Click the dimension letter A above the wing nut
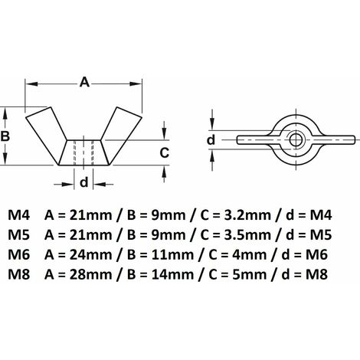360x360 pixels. pos(84,83)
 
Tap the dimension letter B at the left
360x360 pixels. pos(5,136)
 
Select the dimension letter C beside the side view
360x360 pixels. pos(164,152)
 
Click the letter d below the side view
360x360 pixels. pos(84,182)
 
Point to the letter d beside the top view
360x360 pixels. pos(211,140)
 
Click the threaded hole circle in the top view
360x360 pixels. pos(296,140)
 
